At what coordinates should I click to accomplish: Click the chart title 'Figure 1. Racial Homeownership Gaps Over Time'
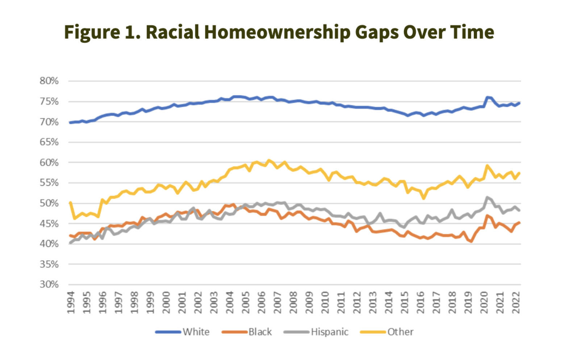pyautogui.click(x=279, y=32)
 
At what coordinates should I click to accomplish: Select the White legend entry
pyautogui.click(x=183, y=332)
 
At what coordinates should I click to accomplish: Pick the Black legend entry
pyautogui.click(x=247, y=332)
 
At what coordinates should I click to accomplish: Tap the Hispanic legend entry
pyautogui.click(x=316, y=332)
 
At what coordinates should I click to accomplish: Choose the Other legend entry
pyautogui.click(x=387, y=332)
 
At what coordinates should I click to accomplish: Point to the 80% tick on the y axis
pyautogui.click(x=49, y=81)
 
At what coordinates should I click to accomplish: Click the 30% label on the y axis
pyautogui.click(x=49, y=284)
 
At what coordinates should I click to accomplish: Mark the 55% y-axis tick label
pyautogui.click(x=49, y=183)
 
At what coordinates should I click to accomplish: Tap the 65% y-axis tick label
pyautogui.click(x=49, y=142)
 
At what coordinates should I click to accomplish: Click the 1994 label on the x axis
pyautogui.click(x=71, y=302)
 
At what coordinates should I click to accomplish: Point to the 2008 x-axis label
pyautogui.click(x=293, y=302)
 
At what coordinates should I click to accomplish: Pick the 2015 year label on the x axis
pyautogui.click(x=404, y=302)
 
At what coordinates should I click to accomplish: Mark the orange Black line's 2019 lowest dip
pyautogui.click(x=471, y=241)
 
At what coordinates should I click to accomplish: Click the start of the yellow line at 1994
pyautogui.click(x=70, y=203)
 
